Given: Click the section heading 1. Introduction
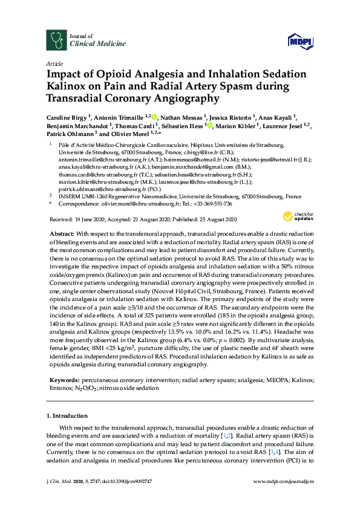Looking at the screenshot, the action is (x=67, y=416).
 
